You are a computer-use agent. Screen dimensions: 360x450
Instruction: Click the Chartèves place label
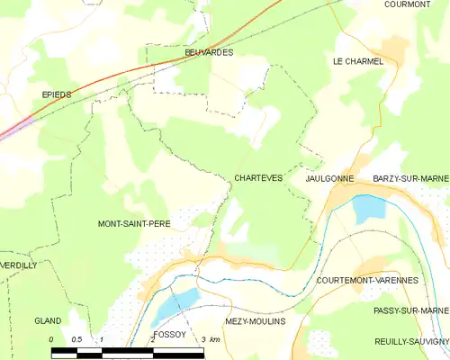pyautogui.click(x=258, y=178)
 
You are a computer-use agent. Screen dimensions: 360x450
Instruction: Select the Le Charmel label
pyautogui.click(x=357, y=61)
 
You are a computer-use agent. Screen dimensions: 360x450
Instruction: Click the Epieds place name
pyautogui.click(x=58, y=94)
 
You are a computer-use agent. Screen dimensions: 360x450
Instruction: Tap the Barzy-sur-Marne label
pyautogui.click(x=410, y=179)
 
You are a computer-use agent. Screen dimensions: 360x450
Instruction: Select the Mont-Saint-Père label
pyautogui.click(x=134, y=222)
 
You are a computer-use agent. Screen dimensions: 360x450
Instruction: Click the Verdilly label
pyautogui.click(x=19, y=265)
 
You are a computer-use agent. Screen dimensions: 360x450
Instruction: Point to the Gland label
pyautogui.click(x=47, y=321)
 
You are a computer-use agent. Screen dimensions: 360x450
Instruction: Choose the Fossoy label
pyautogui.click(x=169, y=333)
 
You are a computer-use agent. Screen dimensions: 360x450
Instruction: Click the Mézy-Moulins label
pyautogui.click(x=254, y=321)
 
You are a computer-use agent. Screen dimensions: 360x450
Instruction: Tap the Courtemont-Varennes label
pyautogui.click(x=367, y=281)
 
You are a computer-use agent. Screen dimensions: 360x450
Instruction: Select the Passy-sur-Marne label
pyautogui.click(x=410, y=310)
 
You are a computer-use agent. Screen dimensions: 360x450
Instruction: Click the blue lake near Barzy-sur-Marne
pyautogui.click(x=368, y=209)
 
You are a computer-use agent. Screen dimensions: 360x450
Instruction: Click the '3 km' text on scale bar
pyautogui.click(x=211, y=338)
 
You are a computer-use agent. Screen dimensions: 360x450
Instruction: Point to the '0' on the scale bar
pyautogui.click(x=52, y=338)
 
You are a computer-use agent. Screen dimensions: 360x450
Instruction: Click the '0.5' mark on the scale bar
pyautogui.click(x=76, y=338)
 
